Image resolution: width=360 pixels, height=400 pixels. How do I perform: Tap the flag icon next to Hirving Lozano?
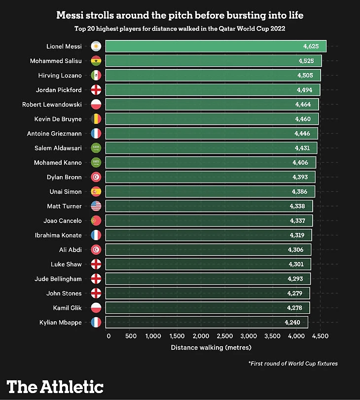96,75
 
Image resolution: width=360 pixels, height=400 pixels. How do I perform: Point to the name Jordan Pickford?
59,90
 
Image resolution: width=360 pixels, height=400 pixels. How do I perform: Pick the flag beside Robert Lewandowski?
96,105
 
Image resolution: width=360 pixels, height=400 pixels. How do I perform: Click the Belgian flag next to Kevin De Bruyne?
96,119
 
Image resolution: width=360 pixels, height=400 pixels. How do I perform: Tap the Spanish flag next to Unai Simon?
96,192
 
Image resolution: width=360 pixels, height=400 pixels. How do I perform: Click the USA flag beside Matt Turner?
96,206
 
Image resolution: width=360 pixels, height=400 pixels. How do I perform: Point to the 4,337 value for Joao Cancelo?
297,220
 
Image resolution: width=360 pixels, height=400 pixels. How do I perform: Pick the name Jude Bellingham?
58,279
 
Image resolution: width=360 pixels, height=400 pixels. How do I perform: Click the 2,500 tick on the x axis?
225,336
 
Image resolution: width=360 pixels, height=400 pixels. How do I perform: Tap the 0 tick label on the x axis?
108,336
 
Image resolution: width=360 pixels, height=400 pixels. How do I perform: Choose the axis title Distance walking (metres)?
211,347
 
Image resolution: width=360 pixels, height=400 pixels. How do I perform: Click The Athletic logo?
55,386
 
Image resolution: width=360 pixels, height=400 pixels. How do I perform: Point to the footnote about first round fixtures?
293,364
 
